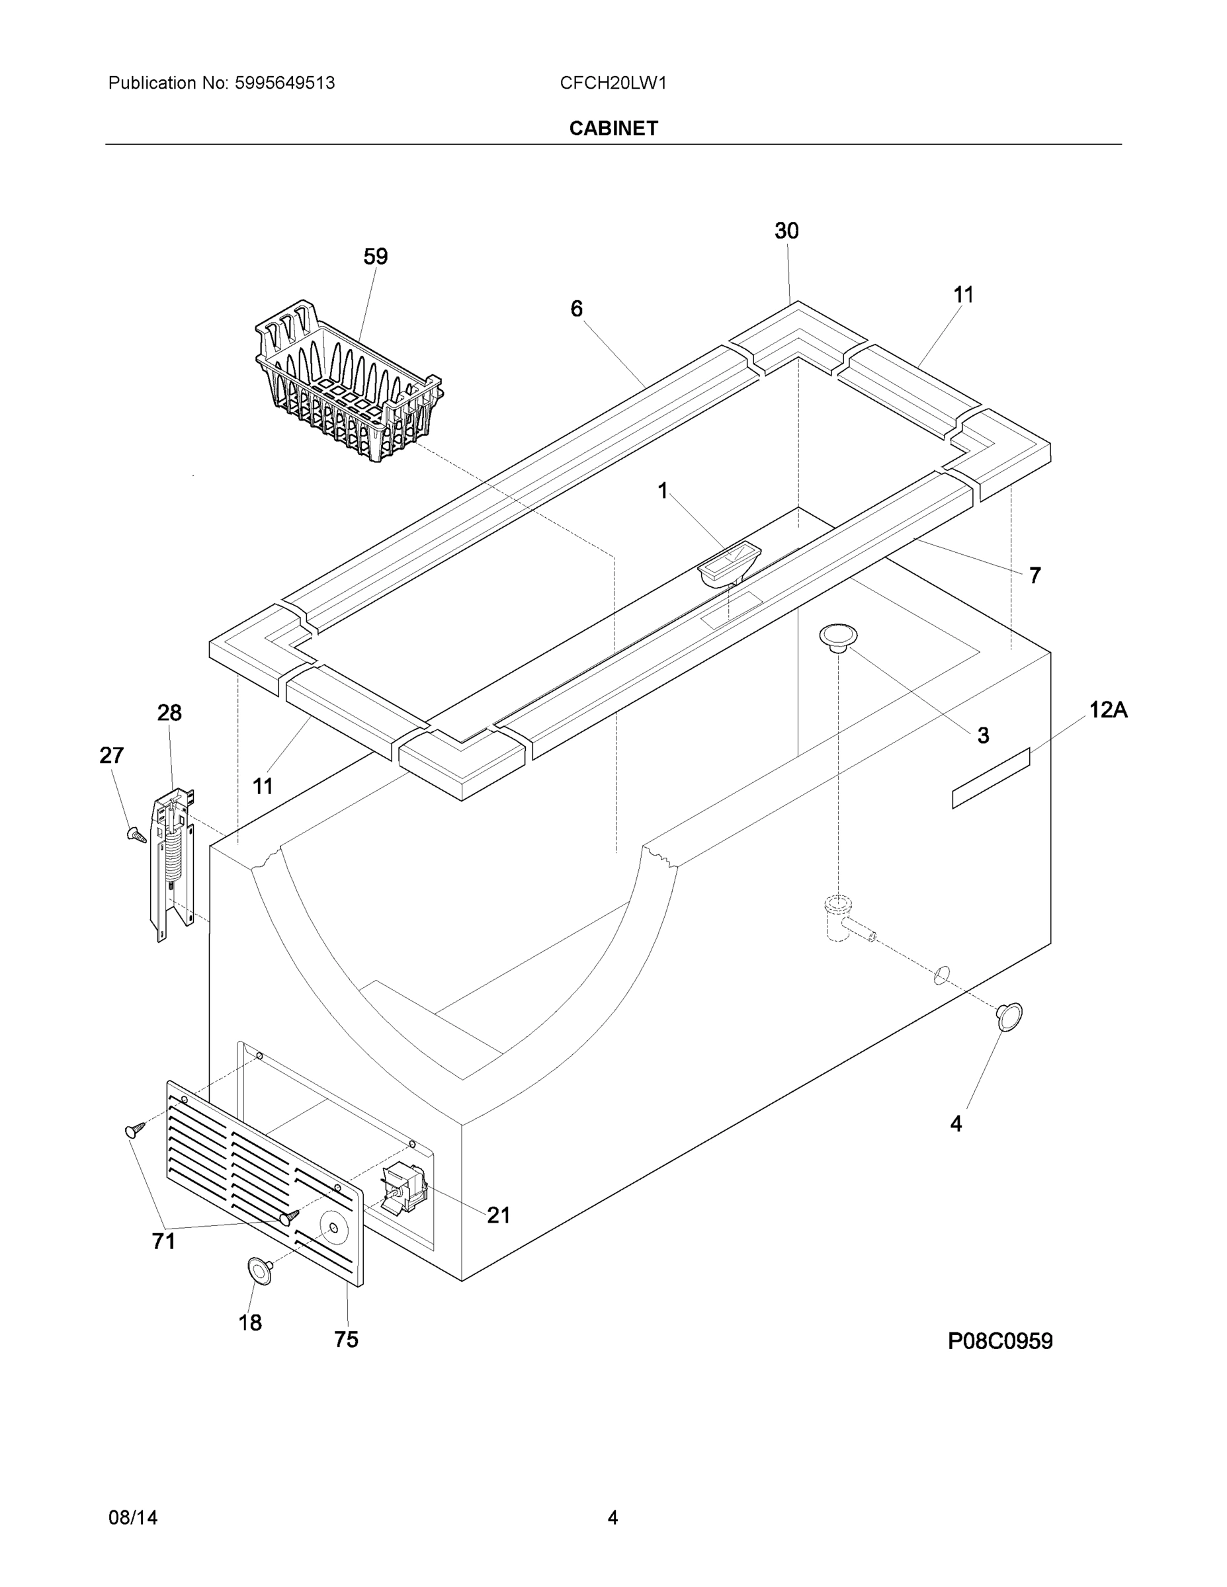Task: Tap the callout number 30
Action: point(786,231)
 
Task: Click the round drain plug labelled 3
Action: point(838,637)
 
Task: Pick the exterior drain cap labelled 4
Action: point(1009,1016)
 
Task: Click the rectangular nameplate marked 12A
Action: point(991,778)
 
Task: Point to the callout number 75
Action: point(346,1339)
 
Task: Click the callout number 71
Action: point(163,1241)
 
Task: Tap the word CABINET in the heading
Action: point(614,129)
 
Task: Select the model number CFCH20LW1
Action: point(613,83)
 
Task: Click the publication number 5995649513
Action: point(284,83)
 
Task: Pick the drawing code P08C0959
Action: point(999,1340)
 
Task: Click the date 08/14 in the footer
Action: point(133,1518)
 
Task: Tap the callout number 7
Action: point(1035,575)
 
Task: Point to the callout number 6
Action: point(576,309)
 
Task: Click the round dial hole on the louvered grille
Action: point(333,1228)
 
